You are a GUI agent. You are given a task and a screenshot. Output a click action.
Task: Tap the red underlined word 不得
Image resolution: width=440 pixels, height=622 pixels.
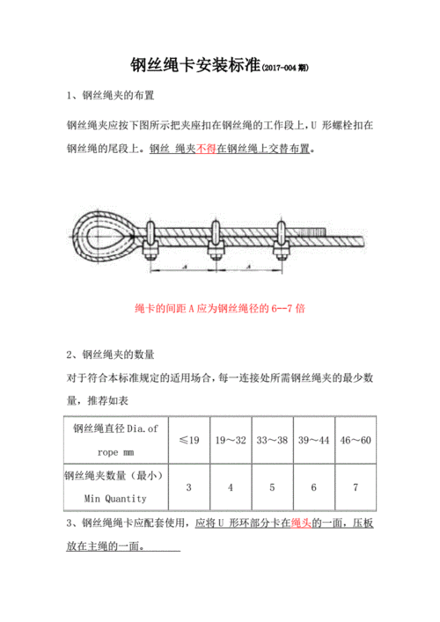coord(208,149)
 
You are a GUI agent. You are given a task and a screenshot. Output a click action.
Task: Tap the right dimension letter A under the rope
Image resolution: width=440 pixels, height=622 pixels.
coord(247,265)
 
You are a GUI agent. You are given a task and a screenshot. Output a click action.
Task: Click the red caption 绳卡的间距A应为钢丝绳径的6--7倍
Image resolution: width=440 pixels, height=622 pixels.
coord(220,310)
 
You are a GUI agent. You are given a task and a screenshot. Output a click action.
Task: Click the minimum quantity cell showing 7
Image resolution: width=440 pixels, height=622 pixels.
coord(356,487)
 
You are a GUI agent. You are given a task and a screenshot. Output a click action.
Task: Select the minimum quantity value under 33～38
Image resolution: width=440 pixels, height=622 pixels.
coord(272,487)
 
